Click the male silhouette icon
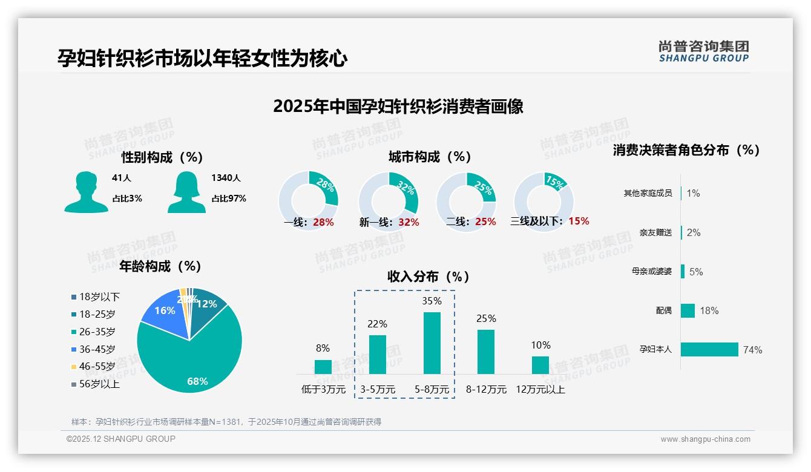click(x=86, y=192)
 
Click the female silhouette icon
click(x=186, y=192)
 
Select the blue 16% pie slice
click(x=163, y=314)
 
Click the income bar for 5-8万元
click(x=432, y=343)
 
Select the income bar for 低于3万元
click(x=323, y=367)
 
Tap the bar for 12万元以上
click(x=540, y=365)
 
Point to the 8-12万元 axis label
click(x=486, y=390)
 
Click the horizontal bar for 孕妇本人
click(x=709, y=349)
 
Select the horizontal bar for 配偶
click(x=688, y=310)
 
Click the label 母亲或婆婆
click(x=651, y=272)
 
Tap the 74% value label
click(x=753, y=350)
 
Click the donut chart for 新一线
click(x=388, y=201)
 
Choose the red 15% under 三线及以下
click(x=579, y=221)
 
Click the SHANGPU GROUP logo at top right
click(x=703, y=51)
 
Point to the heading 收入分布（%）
click(x=428, y=277)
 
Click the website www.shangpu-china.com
click(x=705, y=439)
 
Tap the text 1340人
click(x=226, y=178)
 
